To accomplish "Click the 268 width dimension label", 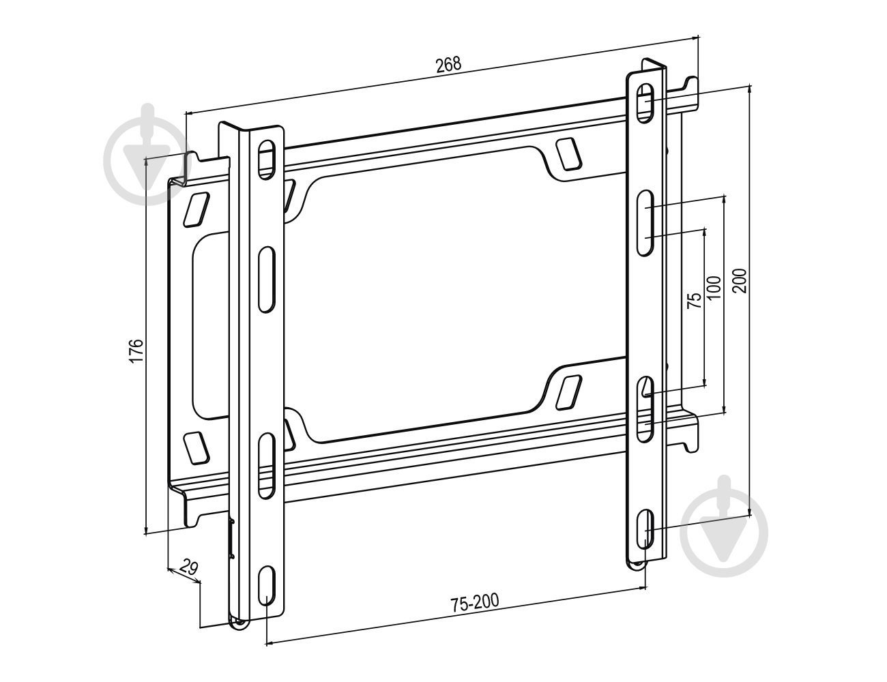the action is click(448, 65).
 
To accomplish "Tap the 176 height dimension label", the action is click(136, 350).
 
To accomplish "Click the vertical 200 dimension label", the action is click(740, 280).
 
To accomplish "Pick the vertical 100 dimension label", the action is click(714, 288).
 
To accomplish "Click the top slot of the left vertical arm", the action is click(266, 160).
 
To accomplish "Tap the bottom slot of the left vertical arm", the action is click(267, 585).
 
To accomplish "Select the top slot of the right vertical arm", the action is click(645, 103).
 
